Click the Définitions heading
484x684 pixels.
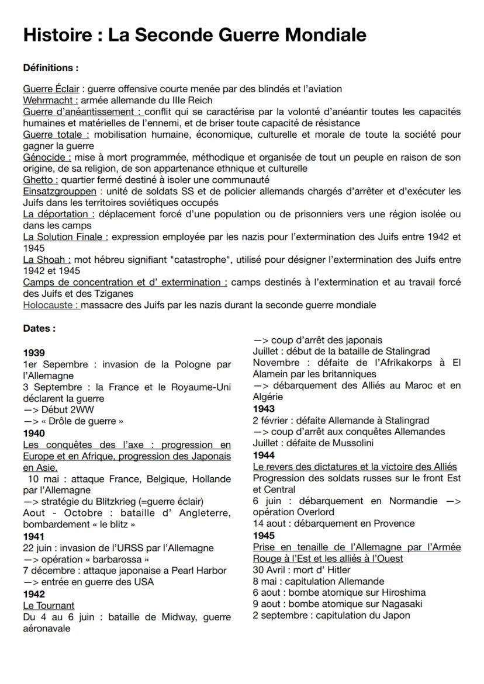[x=50, y=68]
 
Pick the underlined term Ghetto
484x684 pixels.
[x=40, y=180]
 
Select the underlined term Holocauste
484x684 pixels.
[x=51, y=305]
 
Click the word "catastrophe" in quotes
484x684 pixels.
[x=205, y=259]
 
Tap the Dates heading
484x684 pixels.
[x=39, y=328]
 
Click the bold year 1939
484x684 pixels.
[x=34, y=353]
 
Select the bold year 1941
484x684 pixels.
[x=34, y=536]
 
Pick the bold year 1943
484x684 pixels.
[x=264, y=409]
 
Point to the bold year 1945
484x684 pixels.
[x=264, y=535]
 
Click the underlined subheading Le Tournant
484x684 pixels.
[x=49, y=605]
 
